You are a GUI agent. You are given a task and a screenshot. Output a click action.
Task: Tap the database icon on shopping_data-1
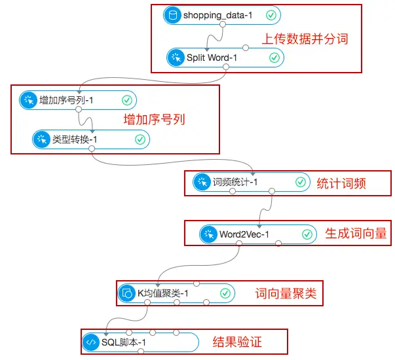pos(173,15)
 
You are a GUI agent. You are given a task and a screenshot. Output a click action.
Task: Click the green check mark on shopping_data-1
pos(271,15)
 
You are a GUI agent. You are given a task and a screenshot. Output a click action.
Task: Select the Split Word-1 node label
pos(208,58)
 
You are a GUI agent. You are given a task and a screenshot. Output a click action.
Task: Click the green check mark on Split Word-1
pos(274,58)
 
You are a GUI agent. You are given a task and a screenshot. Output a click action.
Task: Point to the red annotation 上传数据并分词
pos(305,38)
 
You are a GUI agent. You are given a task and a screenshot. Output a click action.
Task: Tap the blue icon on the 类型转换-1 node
pos(41,139)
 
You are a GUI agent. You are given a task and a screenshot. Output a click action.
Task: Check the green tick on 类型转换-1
pos(140,139)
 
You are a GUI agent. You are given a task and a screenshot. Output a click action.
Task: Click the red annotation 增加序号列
pos(155,120)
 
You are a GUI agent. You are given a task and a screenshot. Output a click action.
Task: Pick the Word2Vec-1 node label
pos(244,234)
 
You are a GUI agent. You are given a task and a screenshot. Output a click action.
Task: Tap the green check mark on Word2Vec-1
pos(307,234)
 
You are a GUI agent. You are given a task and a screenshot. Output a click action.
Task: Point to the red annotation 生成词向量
pos(356,234)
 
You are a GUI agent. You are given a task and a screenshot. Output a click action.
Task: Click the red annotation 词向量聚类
pos(285,293)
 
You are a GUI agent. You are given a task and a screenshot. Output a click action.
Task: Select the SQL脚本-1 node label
pos(123,342)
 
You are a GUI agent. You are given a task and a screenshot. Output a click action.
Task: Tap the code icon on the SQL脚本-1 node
pos(90,342)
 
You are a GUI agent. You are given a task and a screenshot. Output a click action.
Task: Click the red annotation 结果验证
pos(240,342)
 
